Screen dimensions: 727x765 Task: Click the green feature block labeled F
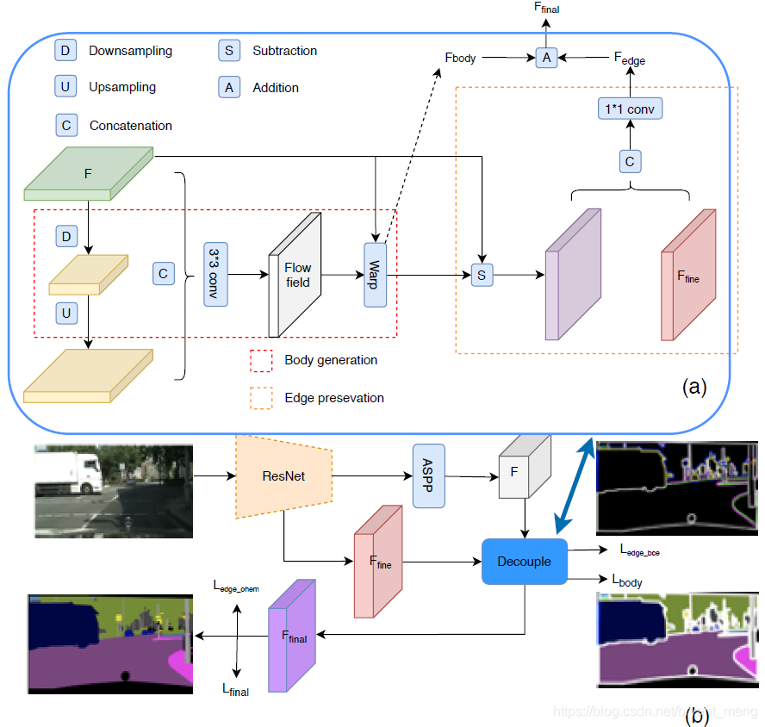88,173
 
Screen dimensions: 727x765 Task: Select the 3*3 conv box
215,274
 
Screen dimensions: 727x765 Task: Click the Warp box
376,274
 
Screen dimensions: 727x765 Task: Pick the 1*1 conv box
630,109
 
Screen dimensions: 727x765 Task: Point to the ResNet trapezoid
283,475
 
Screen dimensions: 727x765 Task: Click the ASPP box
427,475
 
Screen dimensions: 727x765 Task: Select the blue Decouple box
524,562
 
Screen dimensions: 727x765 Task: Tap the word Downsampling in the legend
130,51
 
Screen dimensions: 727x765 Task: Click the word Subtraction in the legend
284,51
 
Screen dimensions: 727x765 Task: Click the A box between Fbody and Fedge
545,58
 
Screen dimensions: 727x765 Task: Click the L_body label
627,581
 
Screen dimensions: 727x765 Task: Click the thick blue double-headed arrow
574,485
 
